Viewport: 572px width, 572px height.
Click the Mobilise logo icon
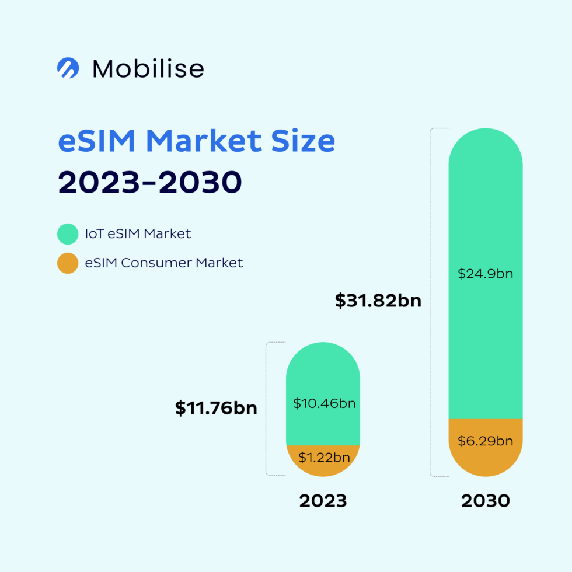pyautogui.click(x=68, y=68)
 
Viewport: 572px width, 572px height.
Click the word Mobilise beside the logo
pyautogui.click(x=148, y=69)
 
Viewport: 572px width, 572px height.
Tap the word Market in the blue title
pyautogui.click(x=205, y=141)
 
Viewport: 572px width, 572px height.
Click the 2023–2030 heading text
pyautogui.click(x=149, y=183)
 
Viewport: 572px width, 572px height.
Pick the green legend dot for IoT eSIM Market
pyautogui.click(x=68, y=234)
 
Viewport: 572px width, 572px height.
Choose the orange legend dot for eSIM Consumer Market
pyautogui.click(x=68, y=263)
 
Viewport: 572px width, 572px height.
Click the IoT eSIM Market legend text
pyautogui.click(x=138, y=234)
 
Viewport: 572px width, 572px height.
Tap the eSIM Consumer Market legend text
pyautogui.click(x=163, y=263)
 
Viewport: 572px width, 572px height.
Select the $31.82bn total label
pyautogui.click(x=378, y=301)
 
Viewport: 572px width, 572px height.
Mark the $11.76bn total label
pyautogui.click(x=216, y=408)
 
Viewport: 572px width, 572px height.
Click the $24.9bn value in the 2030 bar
pyautogui.click(x=485, y=273)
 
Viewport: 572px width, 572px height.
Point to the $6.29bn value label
pyautogui.click(x=485, y=441)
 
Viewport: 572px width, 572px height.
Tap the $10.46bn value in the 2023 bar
pyautogui.click(x=324, y=403)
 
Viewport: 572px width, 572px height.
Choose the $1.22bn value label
pyautogui.click(x=324, y=458)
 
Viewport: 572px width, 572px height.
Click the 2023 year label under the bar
pyautogui.click(x=323, y=501)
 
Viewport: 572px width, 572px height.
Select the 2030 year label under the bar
pyautogui.click(x=485, y=501)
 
